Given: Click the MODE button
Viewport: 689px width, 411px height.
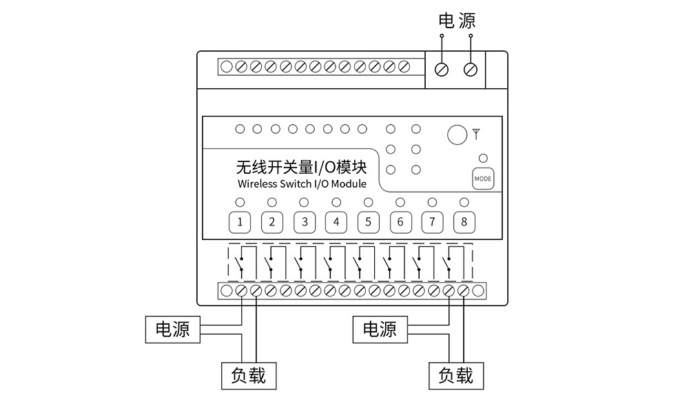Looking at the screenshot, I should [x=483, y=179].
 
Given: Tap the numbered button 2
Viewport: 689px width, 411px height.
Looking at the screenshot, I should [x=272, y=222].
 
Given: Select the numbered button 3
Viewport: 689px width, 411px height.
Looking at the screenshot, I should [x=304, y=222].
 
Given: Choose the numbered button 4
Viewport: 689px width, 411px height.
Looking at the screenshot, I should [x=336, y=222].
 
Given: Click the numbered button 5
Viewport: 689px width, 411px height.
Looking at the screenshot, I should [x=368, y=222].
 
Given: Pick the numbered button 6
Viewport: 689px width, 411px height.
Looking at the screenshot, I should [x=400, y=222].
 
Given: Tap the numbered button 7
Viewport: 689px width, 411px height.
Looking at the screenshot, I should [x=432, y=222].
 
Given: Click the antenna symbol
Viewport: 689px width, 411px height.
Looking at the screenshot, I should [x=476, y=133].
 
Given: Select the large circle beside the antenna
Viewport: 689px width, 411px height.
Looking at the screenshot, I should [x=456, y=134].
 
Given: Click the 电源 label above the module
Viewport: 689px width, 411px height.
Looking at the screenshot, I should [x=457, y=21].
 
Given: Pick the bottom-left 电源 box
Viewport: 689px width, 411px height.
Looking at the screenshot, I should [x=172, y=329].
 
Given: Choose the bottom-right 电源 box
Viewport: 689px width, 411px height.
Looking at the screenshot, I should [x=380, y=329].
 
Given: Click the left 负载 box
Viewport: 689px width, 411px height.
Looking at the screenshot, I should [x=248, y=375].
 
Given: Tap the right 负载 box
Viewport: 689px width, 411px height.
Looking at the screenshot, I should [x=455, y=375].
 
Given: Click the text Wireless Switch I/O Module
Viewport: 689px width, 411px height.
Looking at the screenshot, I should [x=302, y=184].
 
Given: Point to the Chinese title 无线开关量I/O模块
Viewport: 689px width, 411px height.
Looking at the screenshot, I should [x=301, y=167].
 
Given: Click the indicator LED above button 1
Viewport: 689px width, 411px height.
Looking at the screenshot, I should [x=240, y=202].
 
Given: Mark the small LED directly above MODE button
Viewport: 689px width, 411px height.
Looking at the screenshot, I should [x=483, y=158].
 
